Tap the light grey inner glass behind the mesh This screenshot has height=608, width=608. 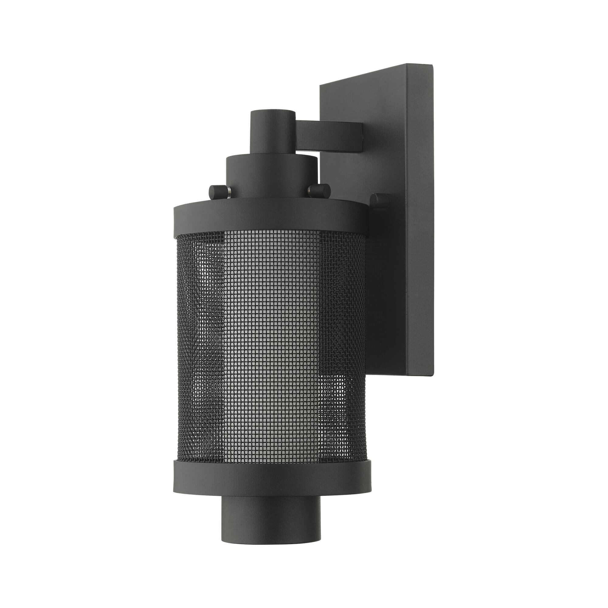(271, 346)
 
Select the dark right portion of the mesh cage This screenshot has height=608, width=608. (343, 346)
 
